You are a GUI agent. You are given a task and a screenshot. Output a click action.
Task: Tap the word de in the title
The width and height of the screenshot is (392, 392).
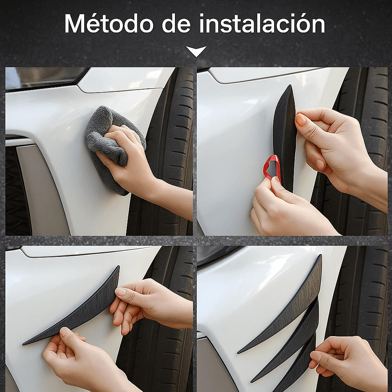pos(176,24)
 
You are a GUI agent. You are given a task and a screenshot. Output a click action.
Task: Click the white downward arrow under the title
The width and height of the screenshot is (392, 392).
pos(196,51)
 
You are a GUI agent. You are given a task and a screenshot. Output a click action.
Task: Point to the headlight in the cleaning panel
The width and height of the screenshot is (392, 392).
pos(42,77)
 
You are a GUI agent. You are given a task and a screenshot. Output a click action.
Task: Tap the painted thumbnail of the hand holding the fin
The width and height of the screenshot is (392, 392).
pos(301,120)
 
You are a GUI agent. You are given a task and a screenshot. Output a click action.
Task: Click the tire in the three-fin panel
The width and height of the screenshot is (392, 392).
pos(367,299)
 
